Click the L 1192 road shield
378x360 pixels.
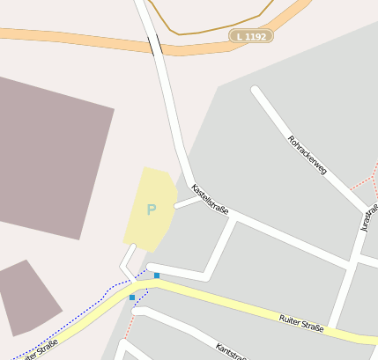pos(251,36)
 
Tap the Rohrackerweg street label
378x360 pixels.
pos(308,154)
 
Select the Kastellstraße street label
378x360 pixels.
pos(211,199)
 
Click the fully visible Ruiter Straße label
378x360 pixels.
pos(300,323)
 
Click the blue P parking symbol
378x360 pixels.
pos(151,210)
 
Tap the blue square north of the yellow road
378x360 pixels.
pos(157,276)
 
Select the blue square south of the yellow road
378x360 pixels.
pos(132,298)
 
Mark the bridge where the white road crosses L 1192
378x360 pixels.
pos(155,44)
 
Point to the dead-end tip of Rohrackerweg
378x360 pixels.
pos(256,90)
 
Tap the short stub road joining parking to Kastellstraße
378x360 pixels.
pos(186,203)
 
